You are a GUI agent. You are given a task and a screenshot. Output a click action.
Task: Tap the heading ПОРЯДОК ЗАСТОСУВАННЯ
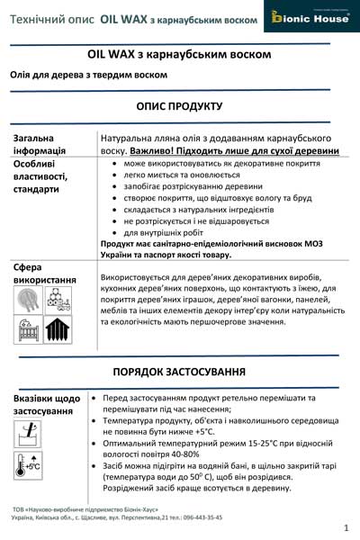point(179,372)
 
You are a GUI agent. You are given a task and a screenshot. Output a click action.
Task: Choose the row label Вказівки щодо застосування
point(46,404)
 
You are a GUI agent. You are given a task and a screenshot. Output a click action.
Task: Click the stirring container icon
point(30,435)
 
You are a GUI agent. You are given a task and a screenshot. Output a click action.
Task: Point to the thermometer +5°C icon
point(30,465)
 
